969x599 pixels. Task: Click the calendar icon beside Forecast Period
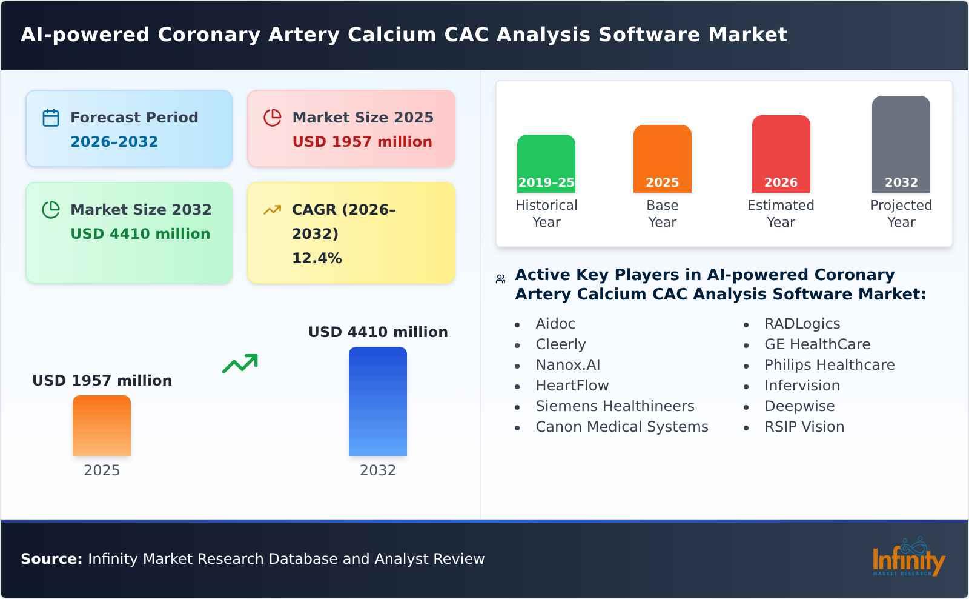51,118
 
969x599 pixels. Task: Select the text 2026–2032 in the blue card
114,142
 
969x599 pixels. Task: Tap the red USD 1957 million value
362,142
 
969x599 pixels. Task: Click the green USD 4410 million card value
141,234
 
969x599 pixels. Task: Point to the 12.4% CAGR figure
317,258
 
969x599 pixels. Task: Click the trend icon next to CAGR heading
273,210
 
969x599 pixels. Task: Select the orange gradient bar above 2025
102,426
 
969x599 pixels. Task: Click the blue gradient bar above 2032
378,401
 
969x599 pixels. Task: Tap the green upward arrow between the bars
240,364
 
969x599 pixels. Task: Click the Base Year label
662,213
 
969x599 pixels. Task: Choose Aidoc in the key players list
555,324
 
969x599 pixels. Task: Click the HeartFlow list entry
572,386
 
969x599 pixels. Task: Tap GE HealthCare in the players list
817,344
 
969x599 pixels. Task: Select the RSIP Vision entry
804,427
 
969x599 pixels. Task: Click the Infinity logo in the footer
908,558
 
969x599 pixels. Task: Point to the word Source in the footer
51,559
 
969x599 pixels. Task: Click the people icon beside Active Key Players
500,279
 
